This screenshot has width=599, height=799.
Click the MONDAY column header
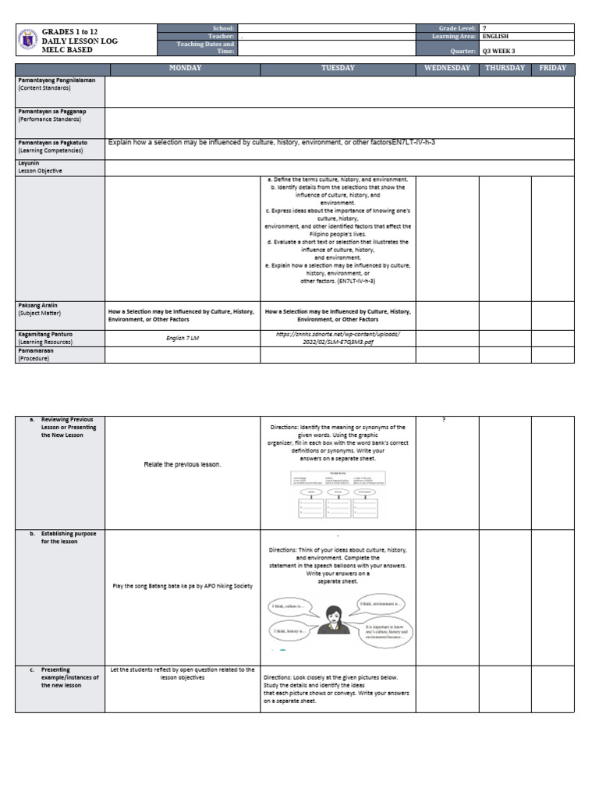click(185, 69)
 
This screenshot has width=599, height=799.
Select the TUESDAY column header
click(337, 69)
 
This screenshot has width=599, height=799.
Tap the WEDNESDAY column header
click(447, 69)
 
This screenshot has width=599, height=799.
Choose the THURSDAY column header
click(505, 69)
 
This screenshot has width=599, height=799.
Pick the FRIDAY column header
click(552, 69)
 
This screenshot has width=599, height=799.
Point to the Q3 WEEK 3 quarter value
click(500, 51)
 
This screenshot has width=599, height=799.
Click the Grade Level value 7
click(484, 28)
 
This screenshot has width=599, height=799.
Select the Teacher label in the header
click(222, 37)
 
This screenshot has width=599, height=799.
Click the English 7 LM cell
click(183, 339)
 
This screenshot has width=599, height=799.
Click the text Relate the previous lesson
click(183, 464)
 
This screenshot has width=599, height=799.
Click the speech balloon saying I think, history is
click(292, 630)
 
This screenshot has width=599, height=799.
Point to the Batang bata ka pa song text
click(183, 586)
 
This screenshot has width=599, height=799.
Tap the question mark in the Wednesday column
click(444, 420)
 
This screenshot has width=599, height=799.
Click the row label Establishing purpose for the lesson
click(69, 538)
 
